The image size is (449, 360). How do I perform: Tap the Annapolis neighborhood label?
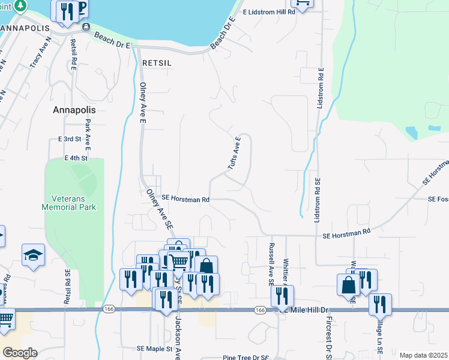(x=74, y=110)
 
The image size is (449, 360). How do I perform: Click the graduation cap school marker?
(x=33, y=255)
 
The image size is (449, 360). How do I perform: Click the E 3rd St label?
(x=70, y=139)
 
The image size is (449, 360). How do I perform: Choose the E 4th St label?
(x=76, y=158)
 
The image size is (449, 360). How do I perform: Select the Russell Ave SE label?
(x=271, y=263)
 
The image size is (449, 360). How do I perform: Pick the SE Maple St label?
(x=154, y=348)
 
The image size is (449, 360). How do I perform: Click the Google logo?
(x=20, y=353)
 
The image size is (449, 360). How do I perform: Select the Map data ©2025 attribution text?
(x=423, y=355)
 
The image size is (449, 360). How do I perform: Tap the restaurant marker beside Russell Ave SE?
(x=282, y=296)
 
